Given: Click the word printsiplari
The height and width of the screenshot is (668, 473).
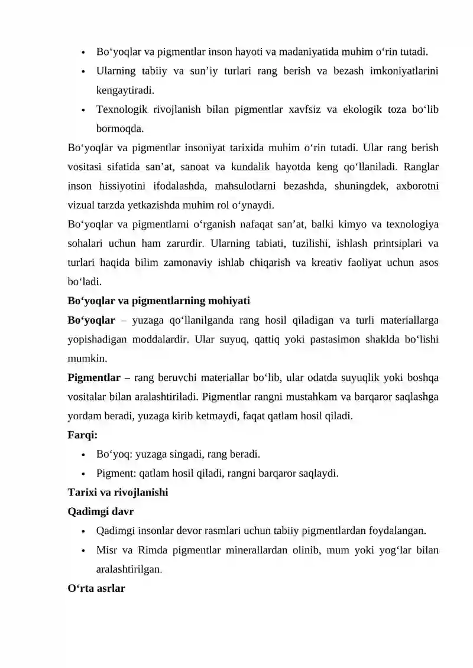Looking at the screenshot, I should click(x=382, y=244).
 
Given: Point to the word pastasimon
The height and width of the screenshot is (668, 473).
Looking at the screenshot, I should click(x=317, y=340).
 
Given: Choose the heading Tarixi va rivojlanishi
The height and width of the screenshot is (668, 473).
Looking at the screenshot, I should click(x=118, y=493).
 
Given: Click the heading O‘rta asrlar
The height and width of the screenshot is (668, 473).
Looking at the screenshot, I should click(x=96, y=589).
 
